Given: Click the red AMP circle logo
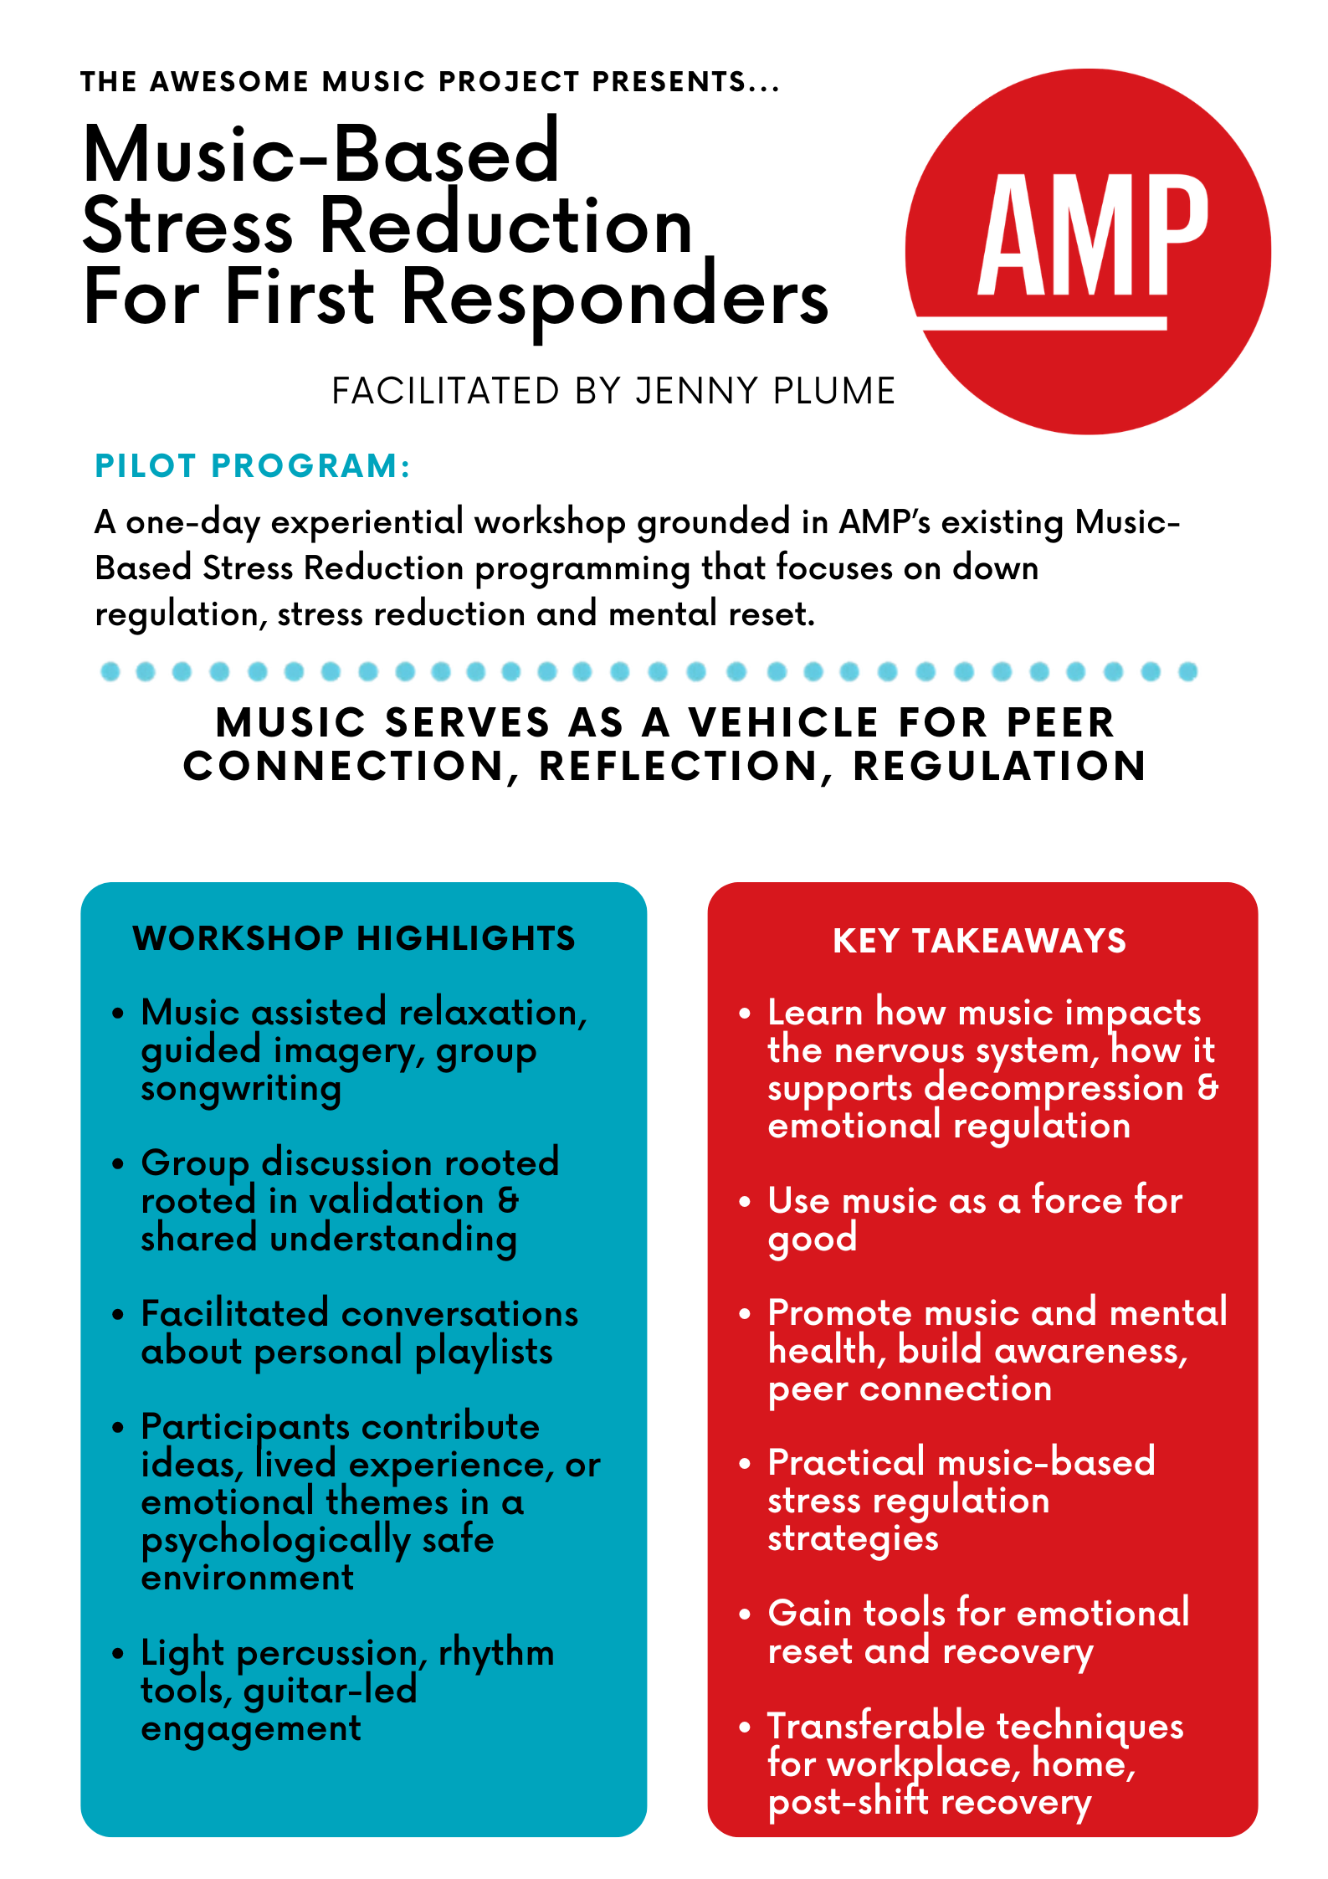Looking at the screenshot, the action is [x=1088, y=251].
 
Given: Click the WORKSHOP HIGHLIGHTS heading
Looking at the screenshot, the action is [x=354, y=938].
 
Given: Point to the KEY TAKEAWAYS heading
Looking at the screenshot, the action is [x=979, y=941].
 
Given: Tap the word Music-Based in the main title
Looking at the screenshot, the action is [x=321, y=154].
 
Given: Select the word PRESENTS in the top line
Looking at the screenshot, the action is [x=669, y=81].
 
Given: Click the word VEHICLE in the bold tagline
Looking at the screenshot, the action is [x=783, y=722].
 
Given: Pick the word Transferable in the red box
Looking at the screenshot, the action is [x=876, y=1727].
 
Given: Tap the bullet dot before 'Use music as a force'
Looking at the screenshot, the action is [x=745, y=1202].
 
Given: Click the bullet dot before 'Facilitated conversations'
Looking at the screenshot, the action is [x=118, y=1315].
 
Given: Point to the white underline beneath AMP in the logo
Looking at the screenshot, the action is [x=1041, y=323].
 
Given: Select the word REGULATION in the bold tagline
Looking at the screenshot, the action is [x=999, y=767].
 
